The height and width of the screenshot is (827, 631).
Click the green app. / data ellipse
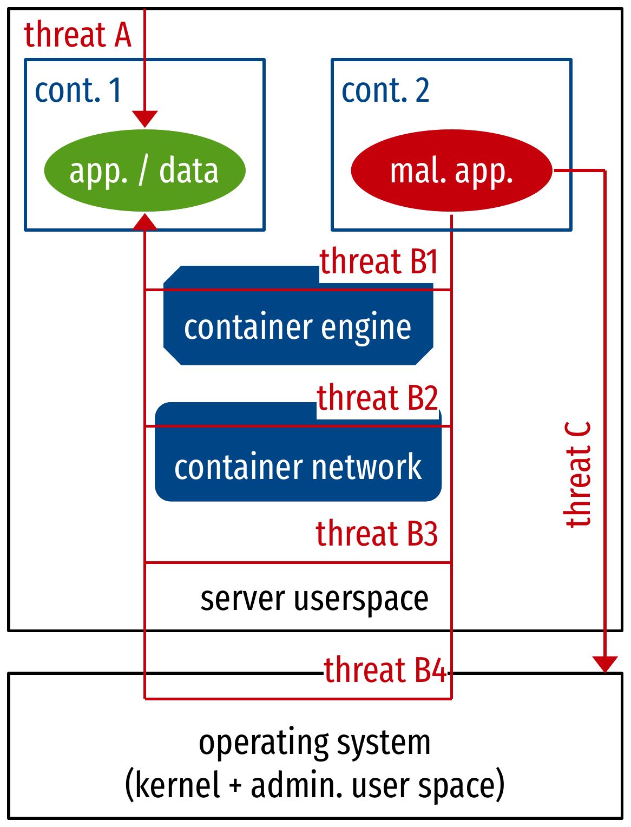coord(144,170)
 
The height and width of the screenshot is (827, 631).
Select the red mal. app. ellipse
coord(451,170)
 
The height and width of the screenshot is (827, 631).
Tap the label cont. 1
coord(78,90)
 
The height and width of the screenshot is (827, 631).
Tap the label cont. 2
coord(385,90)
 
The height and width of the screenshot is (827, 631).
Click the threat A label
coord(78,35)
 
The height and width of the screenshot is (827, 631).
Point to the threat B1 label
coord(378,262)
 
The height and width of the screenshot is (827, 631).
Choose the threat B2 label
coord(377,398)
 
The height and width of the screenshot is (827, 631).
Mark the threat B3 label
coord(377,534)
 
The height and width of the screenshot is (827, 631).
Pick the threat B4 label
coord(386,670)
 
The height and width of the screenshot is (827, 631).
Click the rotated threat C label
coord(578,474)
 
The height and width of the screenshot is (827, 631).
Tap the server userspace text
coord(314,599)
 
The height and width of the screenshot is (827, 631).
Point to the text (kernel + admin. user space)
coord(314,785)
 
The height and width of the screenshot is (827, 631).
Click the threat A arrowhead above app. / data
coord(144,119)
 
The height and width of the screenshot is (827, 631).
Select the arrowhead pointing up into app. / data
coord(144,221)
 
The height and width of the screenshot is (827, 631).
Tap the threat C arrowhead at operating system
coord(604,664)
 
